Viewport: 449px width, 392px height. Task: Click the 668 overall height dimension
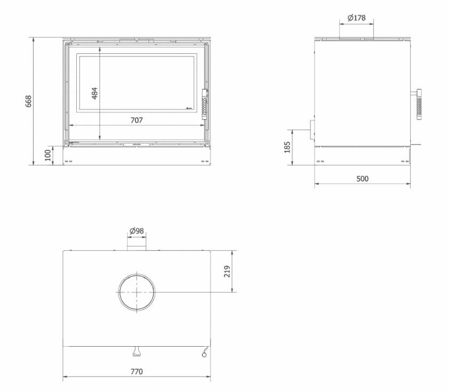pos(29,101)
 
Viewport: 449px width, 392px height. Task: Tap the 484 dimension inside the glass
pos(94,93)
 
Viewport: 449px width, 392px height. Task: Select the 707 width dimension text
pos(137,120)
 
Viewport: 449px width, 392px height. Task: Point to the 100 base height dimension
pos(48,155)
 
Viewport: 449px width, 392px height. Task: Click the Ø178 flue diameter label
pos(356,18)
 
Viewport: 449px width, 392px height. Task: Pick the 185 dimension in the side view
pos(288,147)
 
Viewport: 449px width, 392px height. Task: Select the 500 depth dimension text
pos(362,178)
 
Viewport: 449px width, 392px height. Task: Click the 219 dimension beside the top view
pos(227,270)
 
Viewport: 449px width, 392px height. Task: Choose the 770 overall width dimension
pos(137,372)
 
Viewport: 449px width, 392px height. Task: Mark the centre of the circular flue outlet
pos(137,292)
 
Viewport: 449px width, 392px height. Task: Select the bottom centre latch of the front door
pos(137,143)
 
